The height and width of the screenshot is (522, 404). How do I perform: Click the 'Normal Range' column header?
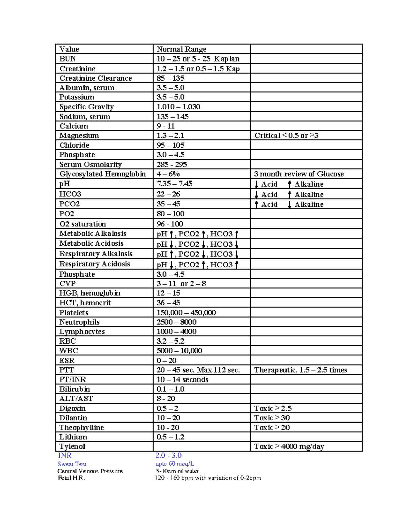[181, 49]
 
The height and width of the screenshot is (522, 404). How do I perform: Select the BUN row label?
[68, 58]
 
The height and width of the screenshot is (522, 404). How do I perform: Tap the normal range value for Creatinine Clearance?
[171, 78]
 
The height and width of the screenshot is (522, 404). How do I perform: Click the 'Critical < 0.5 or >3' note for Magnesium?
[286, 135]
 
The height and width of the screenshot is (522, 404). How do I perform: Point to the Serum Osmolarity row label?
[90, 164]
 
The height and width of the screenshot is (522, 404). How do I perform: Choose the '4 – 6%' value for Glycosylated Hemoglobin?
[168, 174]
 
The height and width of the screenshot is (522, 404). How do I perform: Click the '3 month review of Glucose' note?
[299, 174]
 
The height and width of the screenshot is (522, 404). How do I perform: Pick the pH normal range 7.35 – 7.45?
[174, 184]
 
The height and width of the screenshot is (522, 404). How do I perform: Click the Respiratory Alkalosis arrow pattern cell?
[198, 254]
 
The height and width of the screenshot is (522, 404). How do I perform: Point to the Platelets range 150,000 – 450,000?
[186, 312]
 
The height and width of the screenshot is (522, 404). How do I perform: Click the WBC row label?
[69, 350]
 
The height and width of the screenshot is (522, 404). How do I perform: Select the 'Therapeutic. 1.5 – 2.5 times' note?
[301, 370]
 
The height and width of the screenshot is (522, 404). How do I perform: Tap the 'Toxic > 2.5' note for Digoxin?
[273, 408]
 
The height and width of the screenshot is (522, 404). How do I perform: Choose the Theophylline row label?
[81, 427]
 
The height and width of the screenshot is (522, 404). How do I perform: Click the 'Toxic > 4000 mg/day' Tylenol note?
[289, 446]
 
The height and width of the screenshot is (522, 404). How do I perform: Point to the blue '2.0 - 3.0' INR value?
[168, 455]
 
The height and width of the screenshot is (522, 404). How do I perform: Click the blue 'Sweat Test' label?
[72, 464]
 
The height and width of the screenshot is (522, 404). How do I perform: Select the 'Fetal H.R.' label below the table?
[71, 478]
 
